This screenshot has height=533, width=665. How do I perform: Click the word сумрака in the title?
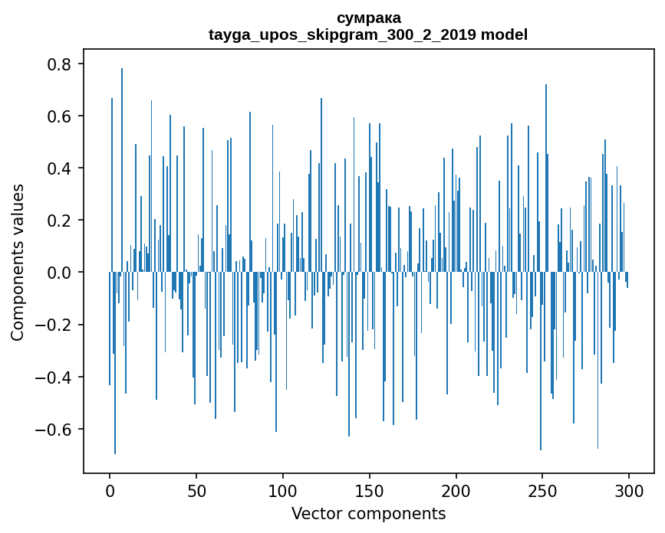coord(368,18)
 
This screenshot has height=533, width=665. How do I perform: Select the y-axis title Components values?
coord(18,262)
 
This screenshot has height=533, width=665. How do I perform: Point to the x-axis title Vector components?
coord(368,513)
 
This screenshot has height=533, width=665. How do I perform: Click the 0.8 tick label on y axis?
coord(61,64)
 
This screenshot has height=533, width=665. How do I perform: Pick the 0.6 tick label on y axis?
coord(61,116)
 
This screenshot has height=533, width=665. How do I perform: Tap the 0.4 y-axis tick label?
coord(61,168)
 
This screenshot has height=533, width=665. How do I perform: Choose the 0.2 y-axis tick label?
coord(61,221)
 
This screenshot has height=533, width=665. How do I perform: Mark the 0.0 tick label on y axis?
coord(61,273)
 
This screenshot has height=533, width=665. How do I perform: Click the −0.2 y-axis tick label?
coord(54,325)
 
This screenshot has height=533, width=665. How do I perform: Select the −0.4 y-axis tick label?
coord(54,377)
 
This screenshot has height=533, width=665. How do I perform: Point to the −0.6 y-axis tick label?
coord(54,429)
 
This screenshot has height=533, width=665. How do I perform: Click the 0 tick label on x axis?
coord(110,489)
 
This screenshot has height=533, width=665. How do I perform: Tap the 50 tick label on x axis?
coord(196,489)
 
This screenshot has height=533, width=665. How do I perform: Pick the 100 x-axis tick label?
coord(283,489)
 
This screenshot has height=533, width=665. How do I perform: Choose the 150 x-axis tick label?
coord(370,489)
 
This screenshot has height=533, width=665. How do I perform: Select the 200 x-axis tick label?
coord(456,489)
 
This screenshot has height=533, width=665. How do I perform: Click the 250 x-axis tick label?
coord(542,489)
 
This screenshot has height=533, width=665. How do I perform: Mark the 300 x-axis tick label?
coord(629,489)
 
